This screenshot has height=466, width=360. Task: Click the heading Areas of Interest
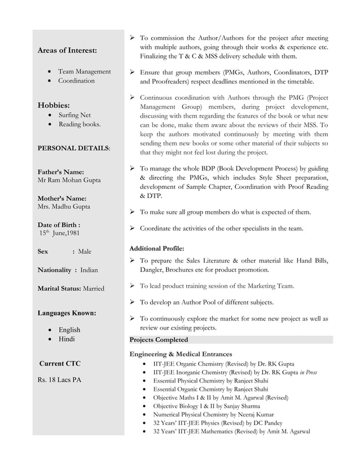67,51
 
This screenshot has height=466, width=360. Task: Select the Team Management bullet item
84,72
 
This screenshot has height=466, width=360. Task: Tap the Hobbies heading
54,105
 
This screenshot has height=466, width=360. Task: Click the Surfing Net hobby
74,115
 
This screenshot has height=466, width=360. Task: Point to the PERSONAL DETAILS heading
73,148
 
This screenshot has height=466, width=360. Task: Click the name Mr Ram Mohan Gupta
69,180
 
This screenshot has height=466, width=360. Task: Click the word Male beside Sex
85,251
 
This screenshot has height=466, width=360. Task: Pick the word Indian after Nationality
89,270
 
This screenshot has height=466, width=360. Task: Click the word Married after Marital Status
94,288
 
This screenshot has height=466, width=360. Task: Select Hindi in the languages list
67,339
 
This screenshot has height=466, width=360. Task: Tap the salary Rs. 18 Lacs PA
59,380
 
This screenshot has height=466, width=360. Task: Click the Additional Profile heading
157,248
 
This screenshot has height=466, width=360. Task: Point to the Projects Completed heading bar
231,340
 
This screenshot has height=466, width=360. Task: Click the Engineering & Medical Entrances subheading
181,354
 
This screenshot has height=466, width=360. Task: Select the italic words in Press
308,372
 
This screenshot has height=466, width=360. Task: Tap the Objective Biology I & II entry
207,406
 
